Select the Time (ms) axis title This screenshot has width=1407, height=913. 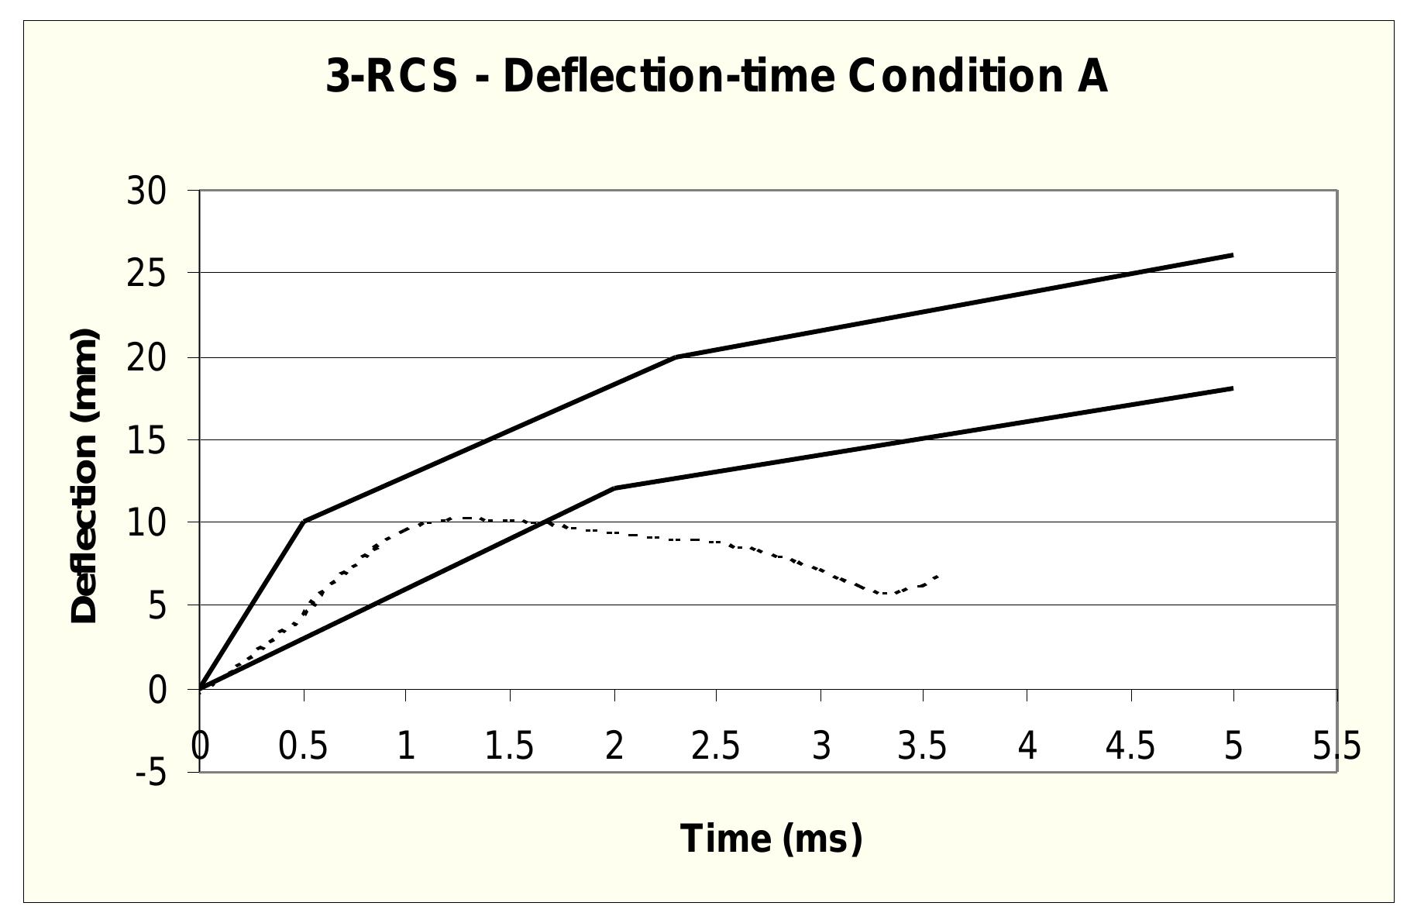(x=771, y=839)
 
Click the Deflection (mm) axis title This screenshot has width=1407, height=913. (x=84, y=476)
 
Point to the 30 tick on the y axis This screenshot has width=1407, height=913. (x=146, y=191)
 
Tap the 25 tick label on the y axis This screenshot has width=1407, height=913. (x=146, y=274)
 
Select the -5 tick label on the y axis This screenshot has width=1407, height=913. (x=151, y=772)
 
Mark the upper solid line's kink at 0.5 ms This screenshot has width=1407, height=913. (x=304, y=521)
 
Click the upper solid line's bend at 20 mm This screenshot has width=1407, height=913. (x=676, y=357)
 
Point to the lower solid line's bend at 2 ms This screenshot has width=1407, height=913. (x=614, y=488)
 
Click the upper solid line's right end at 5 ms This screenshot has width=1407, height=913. (x=1232, y=254)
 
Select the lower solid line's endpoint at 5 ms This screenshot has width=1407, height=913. (x=1232, y=388)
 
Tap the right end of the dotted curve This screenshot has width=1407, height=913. (x=938, y=576)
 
